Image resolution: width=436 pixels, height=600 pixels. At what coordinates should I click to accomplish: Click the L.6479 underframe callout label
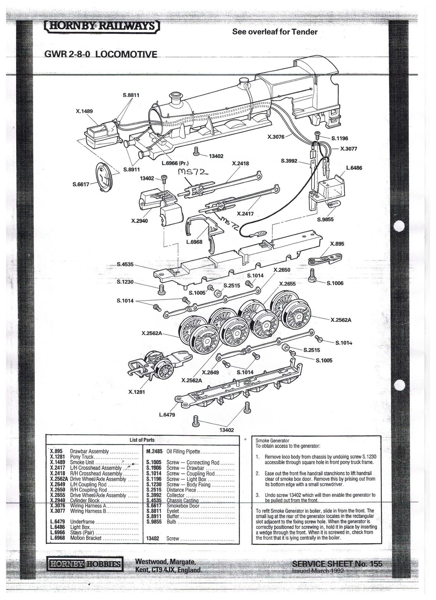167,415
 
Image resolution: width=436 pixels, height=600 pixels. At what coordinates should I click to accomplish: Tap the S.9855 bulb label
325,220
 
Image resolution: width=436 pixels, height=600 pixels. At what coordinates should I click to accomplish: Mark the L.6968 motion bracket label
194,242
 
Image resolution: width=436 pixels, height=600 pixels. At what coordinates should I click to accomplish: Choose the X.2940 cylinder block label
139,221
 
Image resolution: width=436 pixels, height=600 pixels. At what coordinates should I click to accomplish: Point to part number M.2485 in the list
154,452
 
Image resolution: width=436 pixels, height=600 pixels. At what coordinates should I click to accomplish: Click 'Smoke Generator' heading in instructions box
272,441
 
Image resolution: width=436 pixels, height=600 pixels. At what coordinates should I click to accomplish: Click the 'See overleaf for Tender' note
275,32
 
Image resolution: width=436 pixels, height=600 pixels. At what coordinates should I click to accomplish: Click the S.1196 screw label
340,138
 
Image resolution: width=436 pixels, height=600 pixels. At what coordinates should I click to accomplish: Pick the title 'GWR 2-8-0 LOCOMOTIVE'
101,54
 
